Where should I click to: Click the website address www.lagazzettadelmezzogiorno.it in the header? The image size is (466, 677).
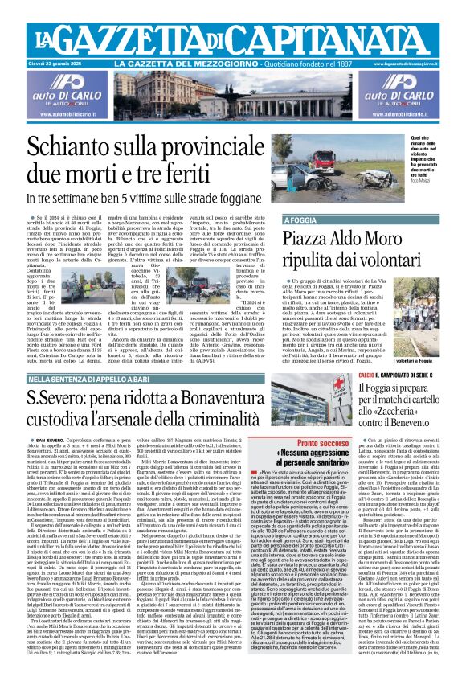tap(411, 63)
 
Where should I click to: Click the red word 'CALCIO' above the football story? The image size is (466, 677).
tap(344, 375)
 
